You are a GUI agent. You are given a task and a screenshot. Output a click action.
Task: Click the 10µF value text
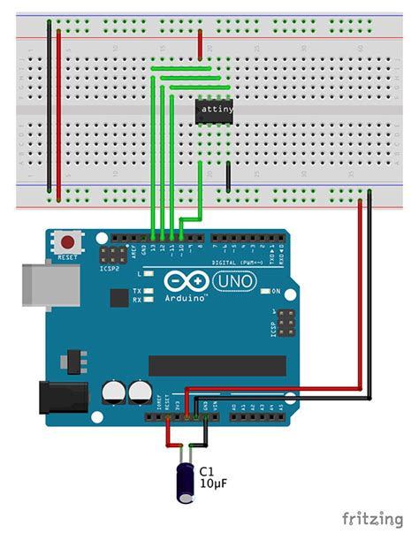214,485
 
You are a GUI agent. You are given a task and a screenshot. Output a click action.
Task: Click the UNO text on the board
233,281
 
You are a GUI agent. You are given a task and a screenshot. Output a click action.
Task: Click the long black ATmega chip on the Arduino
217,365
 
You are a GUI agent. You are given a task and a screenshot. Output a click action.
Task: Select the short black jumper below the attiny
228,175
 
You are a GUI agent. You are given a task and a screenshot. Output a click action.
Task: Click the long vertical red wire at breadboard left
58,105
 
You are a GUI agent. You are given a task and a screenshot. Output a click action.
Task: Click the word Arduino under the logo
187,299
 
